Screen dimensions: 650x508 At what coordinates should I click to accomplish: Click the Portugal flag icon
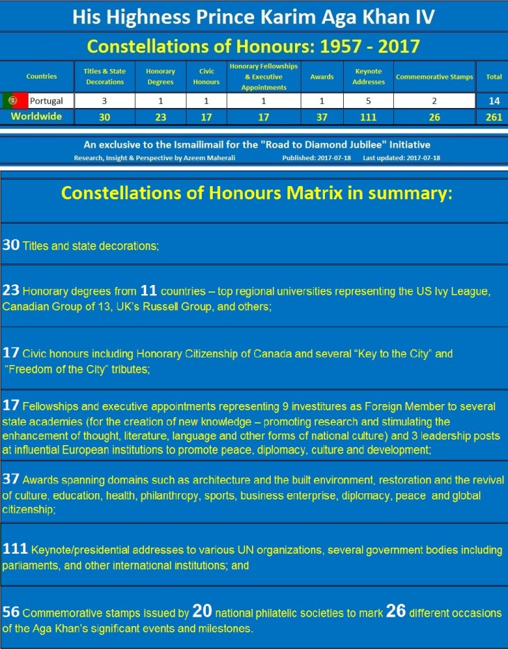pos(14,101)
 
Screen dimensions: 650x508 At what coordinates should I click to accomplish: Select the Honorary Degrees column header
pos(161,77)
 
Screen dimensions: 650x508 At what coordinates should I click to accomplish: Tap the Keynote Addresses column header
pos(369,77)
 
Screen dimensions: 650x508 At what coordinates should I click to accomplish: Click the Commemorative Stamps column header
pos(434,77)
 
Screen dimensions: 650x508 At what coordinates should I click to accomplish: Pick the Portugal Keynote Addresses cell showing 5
pos(369,101)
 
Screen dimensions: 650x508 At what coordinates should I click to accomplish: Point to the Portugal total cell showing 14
pos(494,101)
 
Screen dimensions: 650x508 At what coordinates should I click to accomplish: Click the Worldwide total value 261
pos(494,117)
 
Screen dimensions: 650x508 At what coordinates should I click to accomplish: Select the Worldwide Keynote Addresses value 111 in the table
pos(369,117)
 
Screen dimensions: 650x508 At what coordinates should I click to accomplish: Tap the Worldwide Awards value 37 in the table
pos(322,117)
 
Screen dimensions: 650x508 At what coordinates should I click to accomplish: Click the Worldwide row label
pos(33,116)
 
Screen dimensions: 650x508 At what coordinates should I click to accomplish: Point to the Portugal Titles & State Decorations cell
pos(104,101)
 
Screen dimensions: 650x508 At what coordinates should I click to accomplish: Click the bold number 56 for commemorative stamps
pos(11,613)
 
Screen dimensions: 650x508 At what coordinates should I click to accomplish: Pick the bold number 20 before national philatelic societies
pos(202,612)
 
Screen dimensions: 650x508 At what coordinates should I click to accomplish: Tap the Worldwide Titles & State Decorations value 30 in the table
pos(104,117)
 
